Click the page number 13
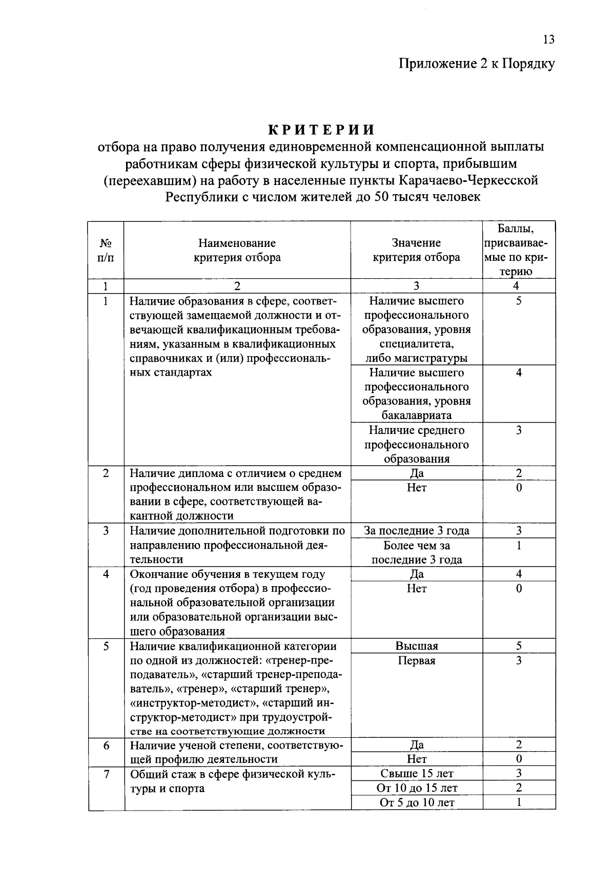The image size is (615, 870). (x=548, y=40)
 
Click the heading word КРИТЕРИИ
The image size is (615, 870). (x=322, y=129)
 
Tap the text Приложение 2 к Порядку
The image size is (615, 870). (x=477, y=64)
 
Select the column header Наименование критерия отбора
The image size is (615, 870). (x=237, y=250)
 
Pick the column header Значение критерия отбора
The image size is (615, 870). (x=416, y=250)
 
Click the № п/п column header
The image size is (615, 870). (x=106, y=250)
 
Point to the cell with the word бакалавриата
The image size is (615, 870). (x=416, y=416)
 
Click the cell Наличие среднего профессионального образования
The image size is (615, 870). (x=416, y=444)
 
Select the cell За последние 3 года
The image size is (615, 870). (x=416, y=531)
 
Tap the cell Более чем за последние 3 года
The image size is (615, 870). (x=416, y=552)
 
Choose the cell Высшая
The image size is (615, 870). (x=416, y=646)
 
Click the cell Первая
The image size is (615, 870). (x=416, y=661)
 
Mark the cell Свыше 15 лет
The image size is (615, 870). (x=416, y=774)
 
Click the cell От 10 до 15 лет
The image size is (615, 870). (x=416, y=788)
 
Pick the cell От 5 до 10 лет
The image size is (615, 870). (x=416, y=802)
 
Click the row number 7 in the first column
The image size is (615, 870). (x=106, y=774)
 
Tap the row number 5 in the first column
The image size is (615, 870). (x=106, y=646)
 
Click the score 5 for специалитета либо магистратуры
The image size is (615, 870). (x=519, y=301)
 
